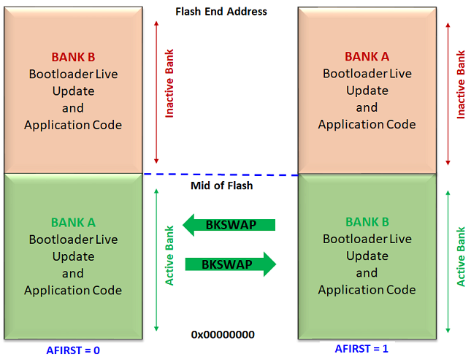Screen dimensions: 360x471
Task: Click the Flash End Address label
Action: (x=221, y=12)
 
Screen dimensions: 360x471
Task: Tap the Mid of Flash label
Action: (x=221, y=185)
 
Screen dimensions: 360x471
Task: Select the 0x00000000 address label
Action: (x=223, y=334)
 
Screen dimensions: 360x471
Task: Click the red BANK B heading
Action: (x=73, y=57)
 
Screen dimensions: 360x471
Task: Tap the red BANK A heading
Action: (x=367, y=57)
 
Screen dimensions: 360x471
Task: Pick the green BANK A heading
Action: (x=73, y=223)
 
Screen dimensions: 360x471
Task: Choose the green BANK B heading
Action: (x=367, y=222)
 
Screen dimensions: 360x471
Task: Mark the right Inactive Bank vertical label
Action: (x=461, y=85)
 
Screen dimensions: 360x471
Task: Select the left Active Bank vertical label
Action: (x=169, y=258)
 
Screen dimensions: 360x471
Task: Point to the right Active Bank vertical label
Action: (x=461, y=258)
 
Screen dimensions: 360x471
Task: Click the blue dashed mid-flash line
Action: (x=219, y=175)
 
